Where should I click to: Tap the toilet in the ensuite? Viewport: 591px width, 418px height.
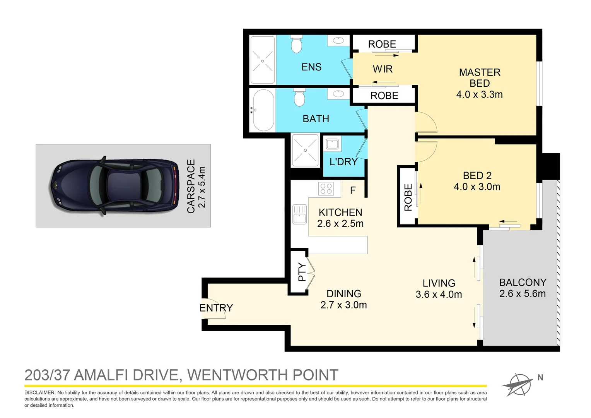296,45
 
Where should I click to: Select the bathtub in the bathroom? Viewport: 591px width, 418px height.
263,110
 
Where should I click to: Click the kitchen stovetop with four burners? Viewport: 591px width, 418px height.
326,188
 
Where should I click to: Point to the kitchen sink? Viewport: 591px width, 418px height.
299,214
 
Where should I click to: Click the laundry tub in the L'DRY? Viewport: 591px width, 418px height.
332,144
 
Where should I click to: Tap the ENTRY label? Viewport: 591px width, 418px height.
216,308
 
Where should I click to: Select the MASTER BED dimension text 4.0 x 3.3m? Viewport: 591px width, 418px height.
479,94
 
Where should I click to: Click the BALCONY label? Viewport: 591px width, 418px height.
523,283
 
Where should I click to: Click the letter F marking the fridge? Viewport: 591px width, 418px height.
353,190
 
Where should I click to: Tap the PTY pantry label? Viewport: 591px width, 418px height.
302,272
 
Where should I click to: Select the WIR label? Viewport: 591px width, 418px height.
383,69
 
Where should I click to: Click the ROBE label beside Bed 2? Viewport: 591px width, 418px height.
408,197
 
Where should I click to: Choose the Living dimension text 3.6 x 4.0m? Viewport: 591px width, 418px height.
439,295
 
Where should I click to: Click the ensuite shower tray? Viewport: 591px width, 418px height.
263,60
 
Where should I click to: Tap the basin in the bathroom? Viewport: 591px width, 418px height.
338,94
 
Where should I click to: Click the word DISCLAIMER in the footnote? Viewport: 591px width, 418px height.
40,392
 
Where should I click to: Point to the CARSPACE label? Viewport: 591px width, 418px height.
191,186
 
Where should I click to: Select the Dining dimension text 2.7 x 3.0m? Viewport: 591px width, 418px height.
343,305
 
